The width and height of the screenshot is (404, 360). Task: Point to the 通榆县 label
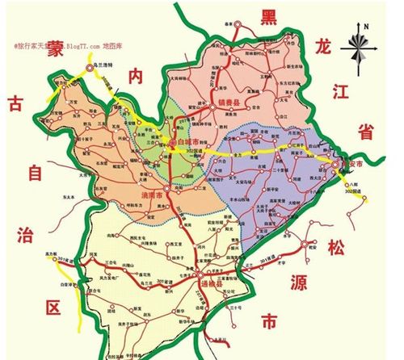(x=210, y=285)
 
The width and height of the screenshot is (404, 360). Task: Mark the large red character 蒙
(x=55, y=48)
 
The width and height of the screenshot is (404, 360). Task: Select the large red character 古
(x=15, y=103)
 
